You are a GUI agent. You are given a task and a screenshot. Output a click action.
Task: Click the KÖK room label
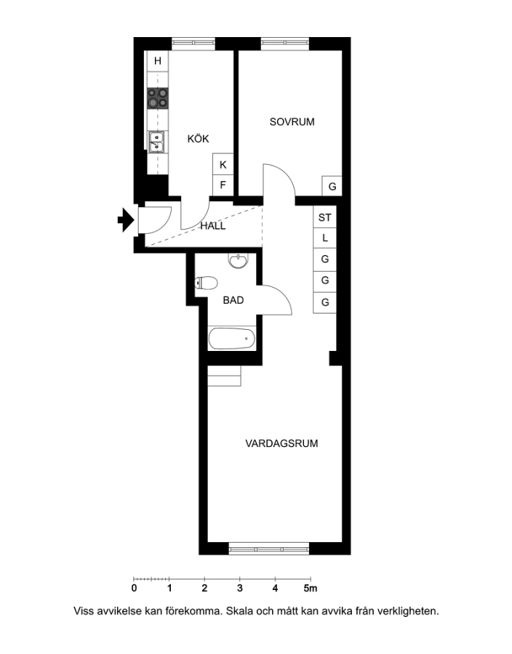(x=198, y=139)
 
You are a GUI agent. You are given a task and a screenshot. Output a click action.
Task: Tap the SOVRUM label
(x=292, y=122)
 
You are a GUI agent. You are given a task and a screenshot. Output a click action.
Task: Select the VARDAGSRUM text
(x=281, y=443)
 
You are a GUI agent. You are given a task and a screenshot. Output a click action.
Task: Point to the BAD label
(x=233, y=300)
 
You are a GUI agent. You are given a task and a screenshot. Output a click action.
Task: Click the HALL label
(x=213, y=226)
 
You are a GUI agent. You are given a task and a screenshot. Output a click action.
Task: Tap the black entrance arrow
(x=126, y=219)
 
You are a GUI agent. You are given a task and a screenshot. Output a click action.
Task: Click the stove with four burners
(x=158, y=98)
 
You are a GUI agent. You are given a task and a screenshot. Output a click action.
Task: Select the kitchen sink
(x=157, y=142)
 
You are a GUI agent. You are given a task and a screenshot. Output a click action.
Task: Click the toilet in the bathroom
(x=206, y=283)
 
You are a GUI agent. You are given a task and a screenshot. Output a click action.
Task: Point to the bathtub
(x=231, y=338)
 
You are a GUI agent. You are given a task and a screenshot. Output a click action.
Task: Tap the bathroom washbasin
(x=238, y=261)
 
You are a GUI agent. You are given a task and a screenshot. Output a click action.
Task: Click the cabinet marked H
(x=158, y=61)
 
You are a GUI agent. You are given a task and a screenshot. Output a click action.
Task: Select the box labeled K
(x=223, y=164)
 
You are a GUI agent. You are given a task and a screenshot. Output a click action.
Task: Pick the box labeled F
(x=223, y=185)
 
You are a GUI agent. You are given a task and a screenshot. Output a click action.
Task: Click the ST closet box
(x=324, y=217)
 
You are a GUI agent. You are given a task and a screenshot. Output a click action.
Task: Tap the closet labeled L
(x=324, y=238)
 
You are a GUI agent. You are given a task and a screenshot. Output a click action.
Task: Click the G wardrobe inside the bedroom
(x=332, y=186)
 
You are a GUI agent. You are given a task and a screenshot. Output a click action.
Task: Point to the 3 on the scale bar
(x=240, y=588)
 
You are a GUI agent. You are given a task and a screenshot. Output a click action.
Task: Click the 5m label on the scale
(x=310, y=588)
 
